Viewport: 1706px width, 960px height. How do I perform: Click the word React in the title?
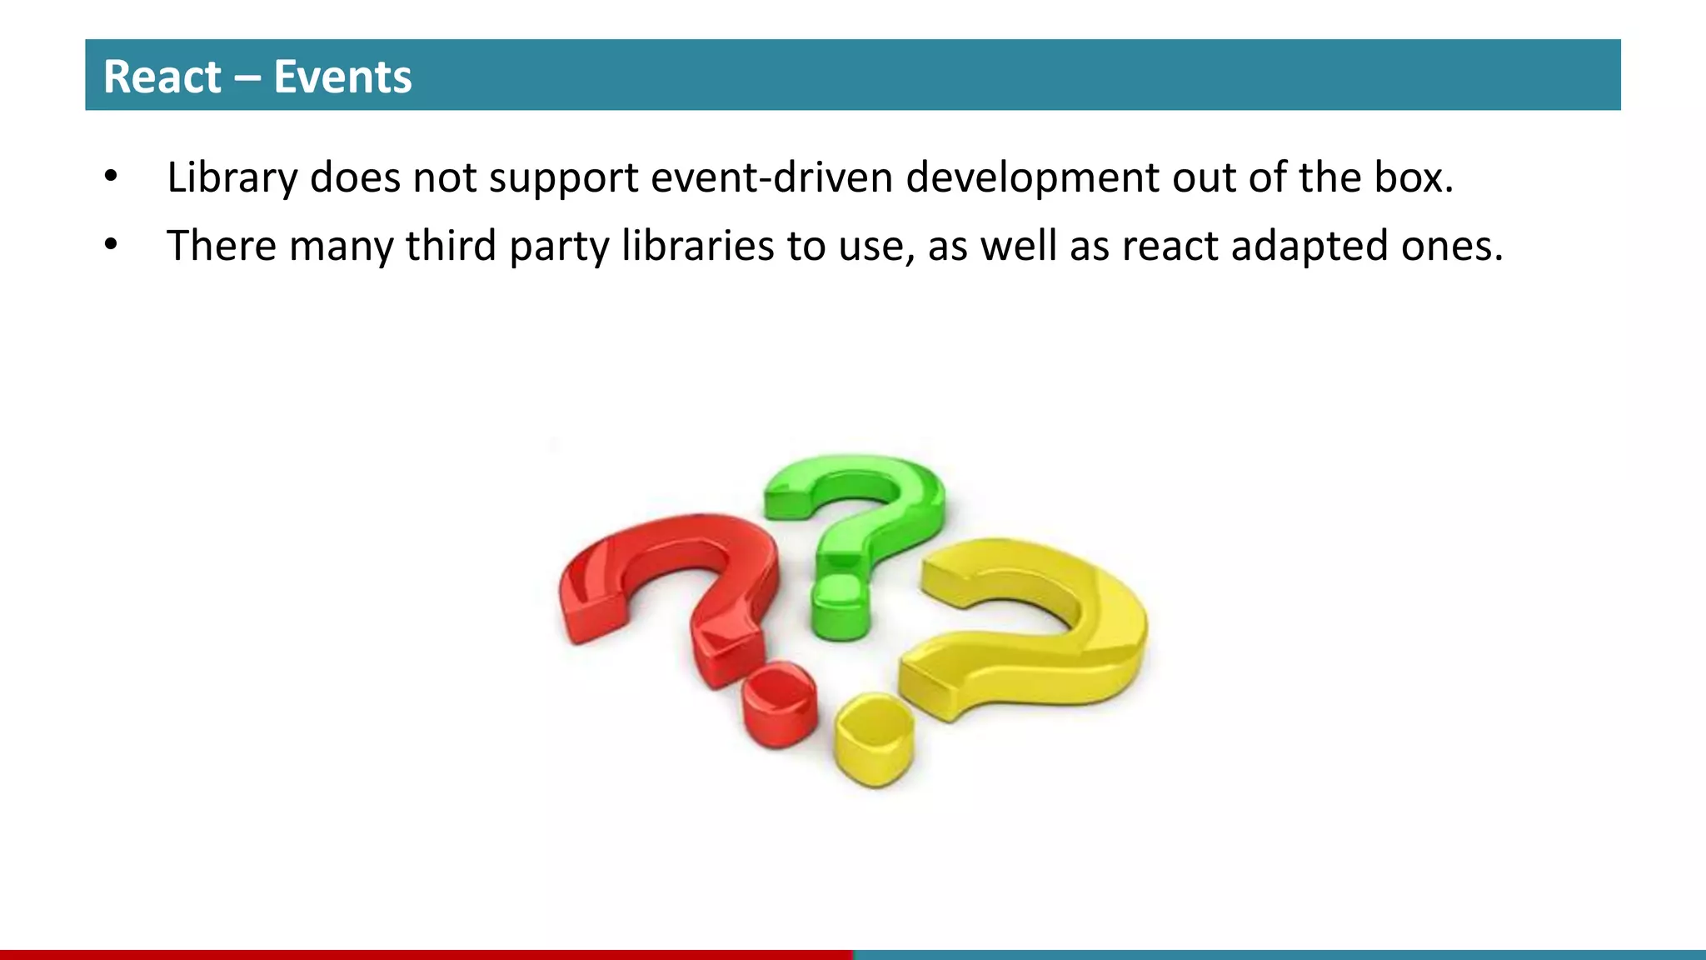click(162, 77)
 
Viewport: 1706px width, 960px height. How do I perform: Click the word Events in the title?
click(342, 77)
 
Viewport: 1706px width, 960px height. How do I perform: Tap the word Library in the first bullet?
click(232, 177)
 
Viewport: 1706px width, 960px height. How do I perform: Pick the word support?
click(563, 177)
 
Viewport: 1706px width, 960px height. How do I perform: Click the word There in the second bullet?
click(221, 246)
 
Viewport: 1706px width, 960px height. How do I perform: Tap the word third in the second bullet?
click(451, 246)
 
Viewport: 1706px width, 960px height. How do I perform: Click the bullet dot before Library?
click(111, 177)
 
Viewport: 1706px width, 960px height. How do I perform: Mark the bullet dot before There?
click(111, 246)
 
